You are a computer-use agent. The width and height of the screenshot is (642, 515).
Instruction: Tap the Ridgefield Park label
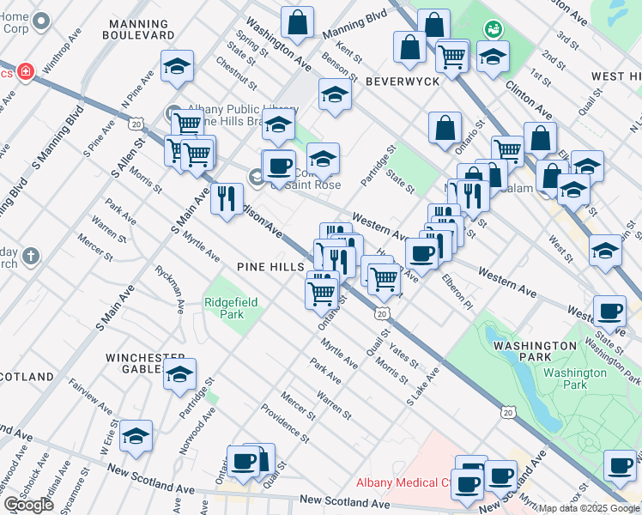coord(224,308)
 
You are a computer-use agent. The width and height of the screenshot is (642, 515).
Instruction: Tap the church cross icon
coord(30,256)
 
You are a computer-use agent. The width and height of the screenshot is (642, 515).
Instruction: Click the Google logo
coord(28,504)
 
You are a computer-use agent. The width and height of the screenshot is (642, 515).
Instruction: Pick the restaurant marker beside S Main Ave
coord(227,199)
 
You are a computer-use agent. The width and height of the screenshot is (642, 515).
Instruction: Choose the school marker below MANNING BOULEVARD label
coord(177,66)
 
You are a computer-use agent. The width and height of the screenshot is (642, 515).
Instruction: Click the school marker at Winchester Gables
coord(179,375)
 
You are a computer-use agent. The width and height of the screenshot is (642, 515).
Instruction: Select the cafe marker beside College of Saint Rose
coord(278,167)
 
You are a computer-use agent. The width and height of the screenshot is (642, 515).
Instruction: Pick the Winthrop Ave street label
coord(63,64)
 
